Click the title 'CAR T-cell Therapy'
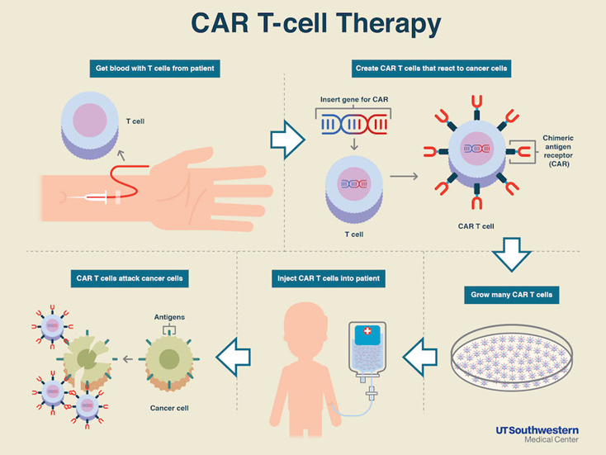[x=315, y=24]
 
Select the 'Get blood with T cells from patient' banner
[x=155, y=69]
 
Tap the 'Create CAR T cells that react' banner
[x=431, y=69]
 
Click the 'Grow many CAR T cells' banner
[x=511, y=295]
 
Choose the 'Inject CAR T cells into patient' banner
[x=329, y=278]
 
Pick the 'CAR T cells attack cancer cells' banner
[x=130, y=278]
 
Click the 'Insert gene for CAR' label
[x=354, y=99]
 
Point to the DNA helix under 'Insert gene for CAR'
[x=354, y=124]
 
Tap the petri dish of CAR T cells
[x=512, y=358]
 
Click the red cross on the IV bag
[x=367, y=331]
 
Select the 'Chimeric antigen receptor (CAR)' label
[x=558, y=151]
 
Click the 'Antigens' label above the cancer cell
[x=169, y=317]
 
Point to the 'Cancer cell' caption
[x=169, y=408]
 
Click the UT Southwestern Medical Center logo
[x=537, y=434]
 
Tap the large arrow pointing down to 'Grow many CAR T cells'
[x=511, y=254]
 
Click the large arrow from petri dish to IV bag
[x=420, y=358]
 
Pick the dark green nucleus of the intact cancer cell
[x=169, y=359]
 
